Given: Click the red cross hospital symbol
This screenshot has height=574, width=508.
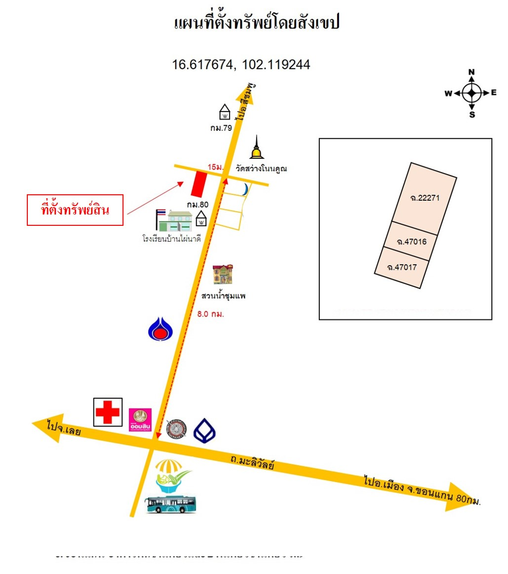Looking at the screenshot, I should [108, 412].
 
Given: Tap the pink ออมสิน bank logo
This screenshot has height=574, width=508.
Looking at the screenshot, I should [140, 420].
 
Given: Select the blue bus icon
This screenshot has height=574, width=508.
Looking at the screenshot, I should [171, 504].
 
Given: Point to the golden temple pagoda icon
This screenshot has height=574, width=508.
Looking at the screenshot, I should [257, 148].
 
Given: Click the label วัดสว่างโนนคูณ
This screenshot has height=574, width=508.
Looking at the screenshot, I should [261, 168].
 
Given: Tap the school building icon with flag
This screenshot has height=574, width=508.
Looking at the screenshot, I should [175, 221].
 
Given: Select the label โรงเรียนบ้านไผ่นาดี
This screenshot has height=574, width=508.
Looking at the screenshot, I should [171, 239].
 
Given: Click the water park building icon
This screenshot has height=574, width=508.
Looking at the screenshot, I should [223, 274].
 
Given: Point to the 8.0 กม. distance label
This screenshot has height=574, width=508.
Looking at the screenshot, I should [210, 314].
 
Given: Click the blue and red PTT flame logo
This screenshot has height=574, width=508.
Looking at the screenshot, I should [160, 329].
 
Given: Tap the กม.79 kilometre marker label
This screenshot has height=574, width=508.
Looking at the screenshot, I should [221, 128].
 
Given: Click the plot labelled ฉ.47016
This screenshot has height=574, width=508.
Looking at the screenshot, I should [412, 241].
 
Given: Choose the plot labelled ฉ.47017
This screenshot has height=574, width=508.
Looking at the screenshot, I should [402, 267].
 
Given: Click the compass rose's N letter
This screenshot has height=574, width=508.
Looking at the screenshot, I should [471, 72].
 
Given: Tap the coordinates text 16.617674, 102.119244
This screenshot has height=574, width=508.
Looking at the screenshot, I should [241, 65].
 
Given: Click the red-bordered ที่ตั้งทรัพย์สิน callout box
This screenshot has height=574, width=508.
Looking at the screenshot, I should [75, 210].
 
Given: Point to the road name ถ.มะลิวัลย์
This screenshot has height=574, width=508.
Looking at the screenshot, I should [252, 462].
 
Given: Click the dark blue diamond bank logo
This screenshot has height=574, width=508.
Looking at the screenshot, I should [204, 431].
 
